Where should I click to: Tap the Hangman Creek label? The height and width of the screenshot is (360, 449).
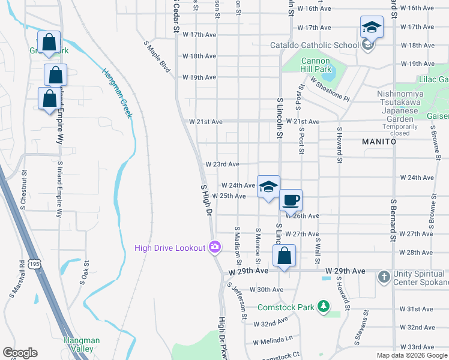[116, 92]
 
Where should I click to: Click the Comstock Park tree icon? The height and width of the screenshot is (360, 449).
[324, 307]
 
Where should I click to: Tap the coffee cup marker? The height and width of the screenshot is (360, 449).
[291, 201]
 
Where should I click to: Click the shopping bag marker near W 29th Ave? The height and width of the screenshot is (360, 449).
[285, 256]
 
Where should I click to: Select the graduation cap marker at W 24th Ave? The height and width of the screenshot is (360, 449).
[269, 186]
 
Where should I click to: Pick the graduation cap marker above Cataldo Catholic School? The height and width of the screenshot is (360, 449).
[372, 28]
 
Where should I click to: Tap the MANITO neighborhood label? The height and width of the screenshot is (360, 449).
[379, 142]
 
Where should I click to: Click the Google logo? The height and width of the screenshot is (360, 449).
[20, 353]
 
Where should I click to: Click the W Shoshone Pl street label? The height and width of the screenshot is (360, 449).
[329, 88]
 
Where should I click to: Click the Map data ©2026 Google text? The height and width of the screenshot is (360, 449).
[411, 355]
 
